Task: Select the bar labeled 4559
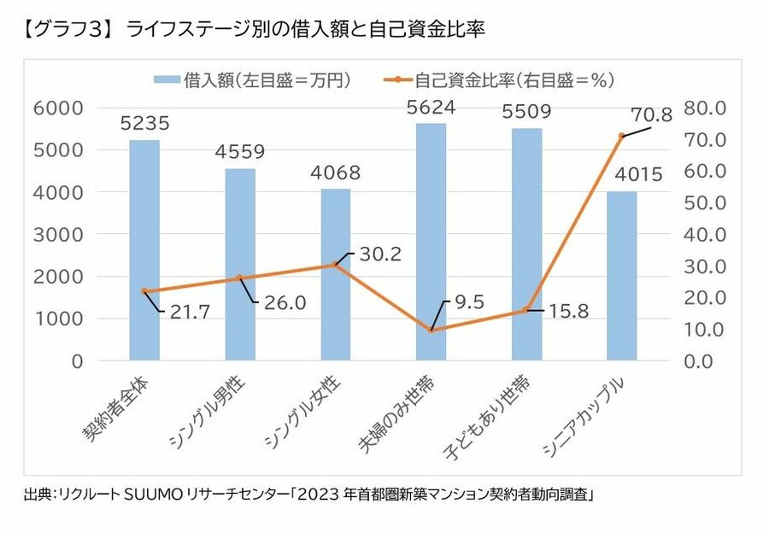coord(240,264)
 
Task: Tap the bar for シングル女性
coord(335,274)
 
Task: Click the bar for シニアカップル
coord(622,275)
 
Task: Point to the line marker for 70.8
coord(622,136)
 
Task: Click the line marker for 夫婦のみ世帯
coord(431,330)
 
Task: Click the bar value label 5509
coord(526,111)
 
